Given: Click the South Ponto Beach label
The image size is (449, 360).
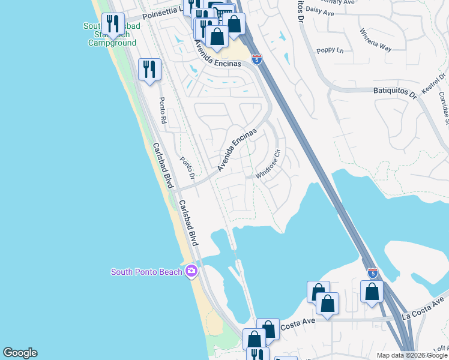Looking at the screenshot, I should (146, 272).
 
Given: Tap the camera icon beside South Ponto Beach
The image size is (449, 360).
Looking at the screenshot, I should (191, 271).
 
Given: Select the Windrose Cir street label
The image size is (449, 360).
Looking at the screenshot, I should (268, 164).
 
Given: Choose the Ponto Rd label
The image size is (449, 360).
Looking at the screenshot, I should (161, 110).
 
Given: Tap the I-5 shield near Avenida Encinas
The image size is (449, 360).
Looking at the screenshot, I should (256, 59).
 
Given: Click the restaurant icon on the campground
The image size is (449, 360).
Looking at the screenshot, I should (112, 24).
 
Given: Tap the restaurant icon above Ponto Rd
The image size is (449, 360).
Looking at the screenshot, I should (149, 70).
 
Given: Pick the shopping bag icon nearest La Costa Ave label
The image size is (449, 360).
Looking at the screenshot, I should (372, 292).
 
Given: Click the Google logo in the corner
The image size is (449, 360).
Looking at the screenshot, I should (20, 353).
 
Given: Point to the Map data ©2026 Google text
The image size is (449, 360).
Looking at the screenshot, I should (412, 355).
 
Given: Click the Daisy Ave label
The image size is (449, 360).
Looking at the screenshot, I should (318, 10).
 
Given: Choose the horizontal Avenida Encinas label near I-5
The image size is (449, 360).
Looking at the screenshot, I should (217, 63).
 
